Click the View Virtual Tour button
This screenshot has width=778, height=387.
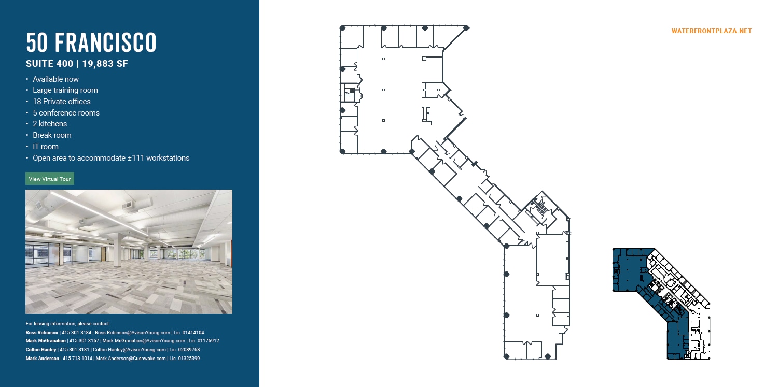click(50, 179)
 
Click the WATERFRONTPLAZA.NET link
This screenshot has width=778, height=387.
click(711, 31)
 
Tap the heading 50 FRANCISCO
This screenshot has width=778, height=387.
click(91, 42)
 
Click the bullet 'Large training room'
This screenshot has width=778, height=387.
click(65, 90)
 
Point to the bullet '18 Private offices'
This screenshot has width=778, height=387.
click(61, 102)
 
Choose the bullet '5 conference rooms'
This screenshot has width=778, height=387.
click(66, 113)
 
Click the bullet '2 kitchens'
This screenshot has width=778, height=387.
click(50, 124)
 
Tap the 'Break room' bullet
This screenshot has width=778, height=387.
click(52, 135)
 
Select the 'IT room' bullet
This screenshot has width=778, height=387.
click(46, 147)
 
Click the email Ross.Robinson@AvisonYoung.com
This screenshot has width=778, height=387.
click(132, 333)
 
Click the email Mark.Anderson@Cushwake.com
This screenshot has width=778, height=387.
click(130, 358)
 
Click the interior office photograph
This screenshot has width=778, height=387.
click(129, 252)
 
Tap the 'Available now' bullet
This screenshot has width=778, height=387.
click(55, 79)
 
